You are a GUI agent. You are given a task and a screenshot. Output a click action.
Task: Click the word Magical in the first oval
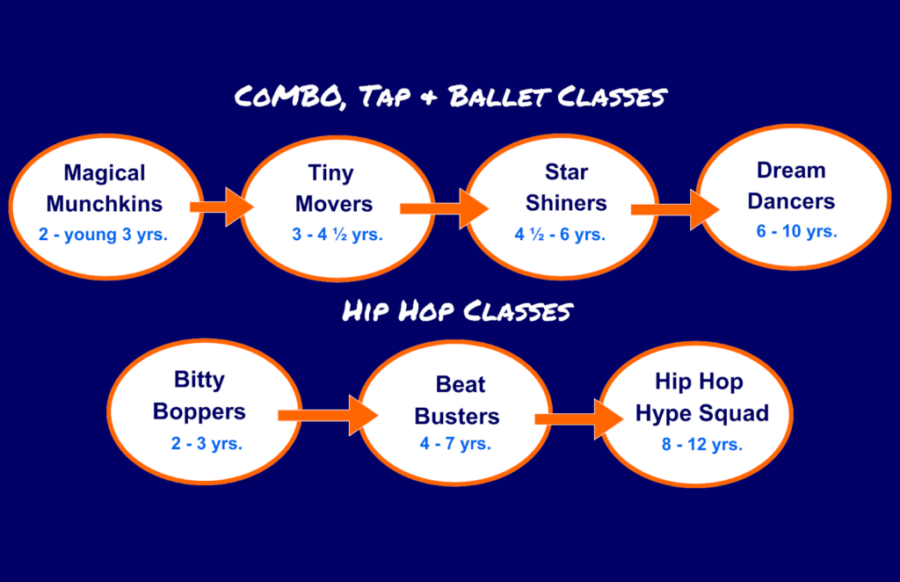tap(105, 173)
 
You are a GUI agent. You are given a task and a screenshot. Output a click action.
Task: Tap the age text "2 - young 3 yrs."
tap(104, 235)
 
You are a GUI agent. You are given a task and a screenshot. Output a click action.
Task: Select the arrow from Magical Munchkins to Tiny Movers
tap(222, 207)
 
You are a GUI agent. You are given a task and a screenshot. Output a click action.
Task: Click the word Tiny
tap(331, 173)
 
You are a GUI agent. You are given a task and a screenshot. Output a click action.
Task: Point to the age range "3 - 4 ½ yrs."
tap(337, 234)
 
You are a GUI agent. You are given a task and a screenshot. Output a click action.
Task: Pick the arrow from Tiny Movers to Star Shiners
tap(444, 208)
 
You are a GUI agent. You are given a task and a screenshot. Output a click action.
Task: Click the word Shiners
tap(567, 203)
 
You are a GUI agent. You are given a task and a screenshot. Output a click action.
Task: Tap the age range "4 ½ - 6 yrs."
tap(560, 234)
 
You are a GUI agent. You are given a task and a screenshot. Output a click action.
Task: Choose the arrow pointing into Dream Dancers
tap(675, 209)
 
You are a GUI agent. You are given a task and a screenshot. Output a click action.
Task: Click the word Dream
tap(791, 171)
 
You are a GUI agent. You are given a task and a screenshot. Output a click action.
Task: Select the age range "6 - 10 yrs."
tap(796, 231)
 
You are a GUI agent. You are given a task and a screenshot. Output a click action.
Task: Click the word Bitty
tap(200, 380)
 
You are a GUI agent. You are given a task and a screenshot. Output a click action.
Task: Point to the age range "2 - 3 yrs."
tap(207, 443)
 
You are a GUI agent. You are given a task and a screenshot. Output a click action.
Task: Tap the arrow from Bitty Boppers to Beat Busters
tap(328, 415)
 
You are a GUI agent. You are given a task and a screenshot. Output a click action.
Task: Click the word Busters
tap(457, 417)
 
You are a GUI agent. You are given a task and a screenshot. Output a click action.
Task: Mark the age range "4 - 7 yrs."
tap(455, 443)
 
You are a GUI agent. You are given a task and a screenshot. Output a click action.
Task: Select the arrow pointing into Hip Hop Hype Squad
tap(579, 419)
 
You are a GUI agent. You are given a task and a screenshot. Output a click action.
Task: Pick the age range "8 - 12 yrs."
tap(702, 444)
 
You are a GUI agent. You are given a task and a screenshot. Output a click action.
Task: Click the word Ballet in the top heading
tap(499, 97)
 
